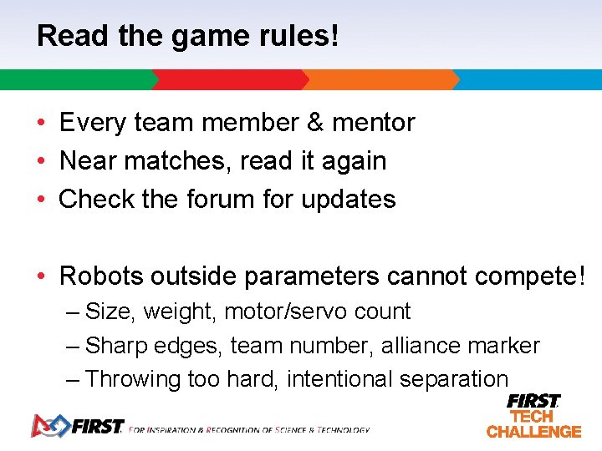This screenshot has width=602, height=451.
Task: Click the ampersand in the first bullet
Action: coord(315,123)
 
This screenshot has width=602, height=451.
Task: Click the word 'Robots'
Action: coord(102,275)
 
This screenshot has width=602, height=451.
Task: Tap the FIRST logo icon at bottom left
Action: coord(48,425)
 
